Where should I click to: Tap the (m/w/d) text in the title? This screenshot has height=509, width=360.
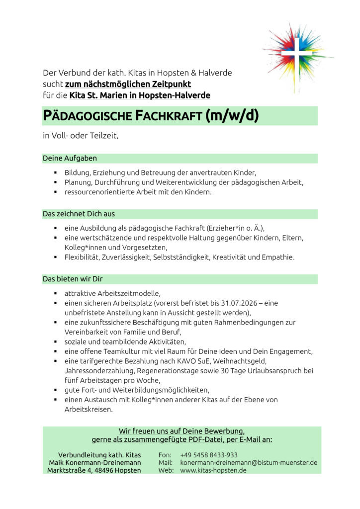pos(232,116)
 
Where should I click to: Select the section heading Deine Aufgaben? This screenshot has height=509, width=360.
pos(70,159)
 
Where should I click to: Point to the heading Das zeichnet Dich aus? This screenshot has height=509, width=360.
pos(79,214)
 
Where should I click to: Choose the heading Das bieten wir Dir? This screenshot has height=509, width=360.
pos(73,279)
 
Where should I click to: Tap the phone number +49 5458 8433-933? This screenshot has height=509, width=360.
pos(209,455)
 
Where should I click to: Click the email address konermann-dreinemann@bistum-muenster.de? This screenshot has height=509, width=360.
pos(249,463)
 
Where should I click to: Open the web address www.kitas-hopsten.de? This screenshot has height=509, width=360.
pos(213,470)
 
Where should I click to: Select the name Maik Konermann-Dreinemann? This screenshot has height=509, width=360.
pos(94,463)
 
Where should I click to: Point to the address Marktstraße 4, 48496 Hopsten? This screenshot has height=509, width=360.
pos(94,470)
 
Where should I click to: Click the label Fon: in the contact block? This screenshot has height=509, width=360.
pos(165,455)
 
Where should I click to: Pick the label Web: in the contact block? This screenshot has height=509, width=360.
pos(166,470)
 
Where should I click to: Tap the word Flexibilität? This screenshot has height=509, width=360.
pos(82,257)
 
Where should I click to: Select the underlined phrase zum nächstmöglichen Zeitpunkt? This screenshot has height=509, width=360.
pos(128,84)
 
